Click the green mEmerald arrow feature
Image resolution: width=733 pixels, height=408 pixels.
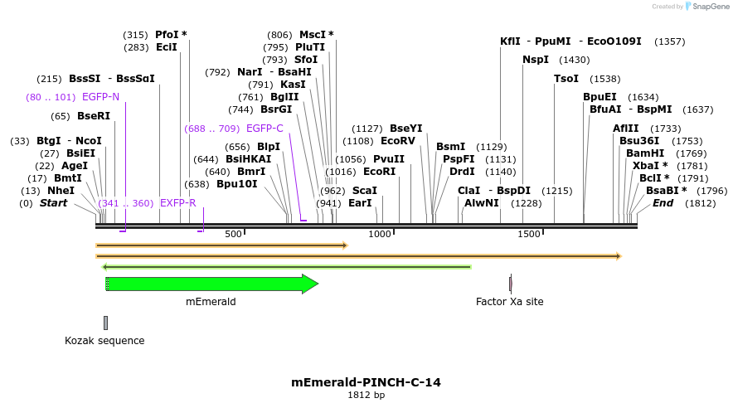tap(211, 284)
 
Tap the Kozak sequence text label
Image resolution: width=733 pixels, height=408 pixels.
tap(104, 341)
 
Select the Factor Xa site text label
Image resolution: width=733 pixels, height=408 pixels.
tap(509, 302)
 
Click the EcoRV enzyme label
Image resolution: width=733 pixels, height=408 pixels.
tap(397, 141)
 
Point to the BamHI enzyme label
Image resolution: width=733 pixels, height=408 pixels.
tap(644, 153)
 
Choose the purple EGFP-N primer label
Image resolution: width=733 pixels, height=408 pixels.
tap(100, 97)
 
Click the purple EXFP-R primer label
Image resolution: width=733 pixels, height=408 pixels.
tap(177, 203)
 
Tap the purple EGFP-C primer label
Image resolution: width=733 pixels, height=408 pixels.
tap(265, 129)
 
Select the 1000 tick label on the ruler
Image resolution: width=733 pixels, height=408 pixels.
tap(379, 235)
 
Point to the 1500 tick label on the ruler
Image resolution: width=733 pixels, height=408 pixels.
tap(529, 235)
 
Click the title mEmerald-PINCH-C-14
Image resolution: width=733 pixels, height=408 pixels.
tap(366, 382)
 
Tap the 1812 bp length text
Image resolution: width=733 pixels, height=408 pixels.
tap(366, 396)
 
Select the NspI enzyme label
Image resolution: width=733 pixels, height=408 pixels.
tap(536, 60)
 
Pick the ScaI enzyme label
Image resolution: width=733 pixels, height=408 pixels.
tap(365, 191)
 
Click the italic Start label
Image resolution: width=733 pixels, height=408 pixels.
tap(53, 203)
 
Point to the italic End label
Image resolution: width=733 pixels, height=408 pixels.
tap(663, 203)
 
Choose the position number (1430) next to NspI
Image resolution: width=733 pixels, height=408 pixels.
tap(574, 60)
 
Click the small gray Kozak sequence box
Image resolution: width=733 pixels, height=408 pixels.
tap(105, 323)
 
